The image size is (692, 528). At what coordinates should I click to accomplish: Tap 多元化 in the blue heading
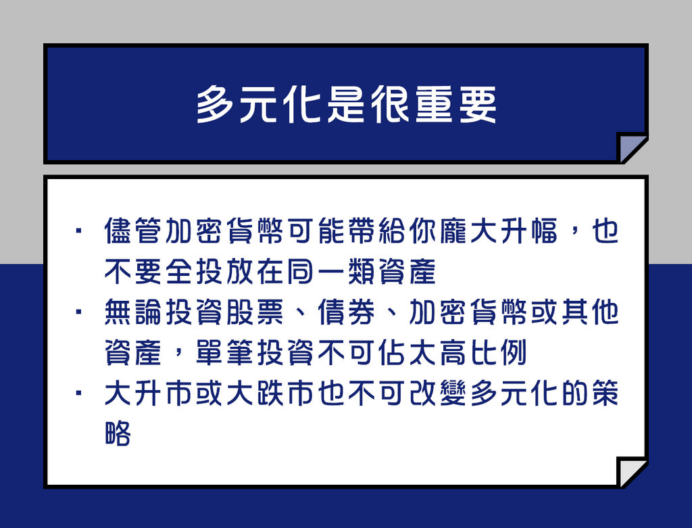tap(259, 105)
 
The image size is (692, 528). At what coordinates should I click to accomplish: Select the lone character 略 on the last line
tap(118, 433)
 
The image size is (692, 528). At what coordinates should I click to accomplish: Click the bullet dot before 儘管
tap(79, 231)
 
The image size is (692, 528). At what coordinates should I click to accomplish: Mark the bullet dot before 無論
tap(79, 312)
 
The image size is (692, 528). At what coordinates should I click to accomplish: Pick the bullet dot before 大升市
tap(79, 393)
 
